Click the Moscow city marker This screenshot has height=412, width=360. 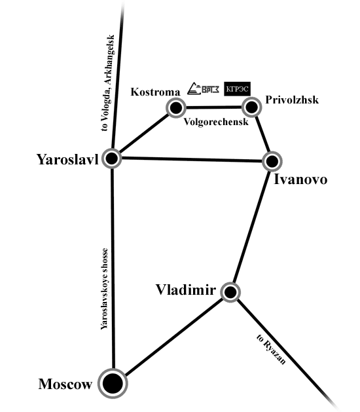[113, 383]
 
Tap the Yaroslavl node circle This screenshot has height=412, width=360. [112, 159]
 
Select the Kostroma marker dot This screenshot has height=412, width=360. [176, 107]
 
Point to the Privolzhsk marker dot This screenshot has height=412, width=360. [251, 107]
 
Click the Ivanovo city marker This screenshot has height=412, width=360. [272, 161]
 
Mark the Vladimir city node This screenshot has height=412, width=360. [230, 292]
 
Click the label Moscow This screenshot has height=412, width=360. [65, 384]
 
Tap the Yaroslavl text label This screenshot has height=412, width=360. [67, 159]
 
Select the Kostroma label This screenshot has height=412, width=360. [155, 92]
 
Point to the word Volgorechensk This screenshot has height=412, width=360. [216, 122]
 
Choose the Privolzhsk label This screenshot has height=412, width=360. [292, 100]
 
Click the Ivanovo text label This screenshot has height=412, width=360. [300, 179]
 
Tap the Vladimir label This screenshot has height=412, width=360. [186, 290]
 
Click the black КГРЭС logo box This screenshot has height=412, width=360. [237, 89]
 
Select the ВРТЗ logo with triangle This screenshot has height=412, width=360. [204, 88]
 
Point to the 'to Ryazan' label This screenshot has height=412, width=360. [271, 349]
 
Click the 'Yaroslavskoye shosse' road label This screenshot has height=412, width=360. [105, 288]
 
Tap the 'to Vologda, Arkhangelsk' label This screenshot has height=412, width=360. [108, 83]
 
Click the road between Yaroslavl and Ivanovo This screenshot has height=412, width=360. [192, 159]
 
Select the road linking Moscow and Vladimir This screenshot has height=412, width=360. [174, 337]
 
